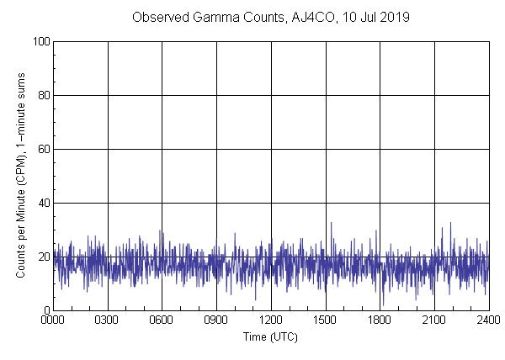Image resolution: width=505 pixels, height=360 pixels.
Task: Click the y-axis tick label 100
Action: pos(40,41)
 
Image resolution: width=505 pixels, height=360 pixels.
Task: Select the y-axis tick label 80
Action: pos(43,95)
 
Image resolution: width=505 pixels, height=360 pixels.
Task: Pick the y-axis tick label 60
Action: pos(43,149)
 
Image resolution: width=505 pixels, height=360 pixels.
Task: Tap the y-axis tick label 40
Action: pos(43,203)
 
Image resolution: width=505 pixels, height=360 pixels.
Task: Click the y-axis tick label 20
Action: pos(43,257)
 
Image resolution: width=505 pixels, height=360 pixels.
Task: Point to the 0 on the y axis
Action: pos(45,310)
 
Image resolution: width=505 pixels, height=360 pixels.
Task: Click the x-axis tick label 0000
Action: pos(53,320)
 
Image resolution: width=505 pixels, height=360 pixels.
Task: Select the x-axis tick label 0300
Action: pos(108,320)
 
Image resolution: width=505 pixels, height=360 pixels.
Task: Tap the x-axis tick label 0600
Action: pos(162,320)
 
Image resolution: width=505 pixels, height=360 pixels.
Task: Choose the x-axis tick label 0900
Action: pos(216,320)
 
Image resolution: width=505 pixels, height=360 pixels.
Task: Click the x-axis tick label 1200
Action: pos(271,320)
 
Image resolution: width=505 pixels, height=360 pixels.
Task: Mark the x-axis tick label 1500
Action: pos(325,320)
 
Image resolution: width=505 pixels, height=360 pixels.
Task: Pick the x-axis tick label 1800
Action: pos(380,320)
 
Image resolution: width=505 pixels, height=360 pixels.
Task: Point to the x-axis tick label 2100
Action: pos(433,320)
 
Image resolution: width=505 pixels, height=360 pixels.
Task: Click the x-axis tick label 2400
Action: pos(487,320)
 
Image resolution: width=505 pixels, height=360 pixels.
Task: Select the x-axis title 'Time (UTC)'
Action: pos(270,336)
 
